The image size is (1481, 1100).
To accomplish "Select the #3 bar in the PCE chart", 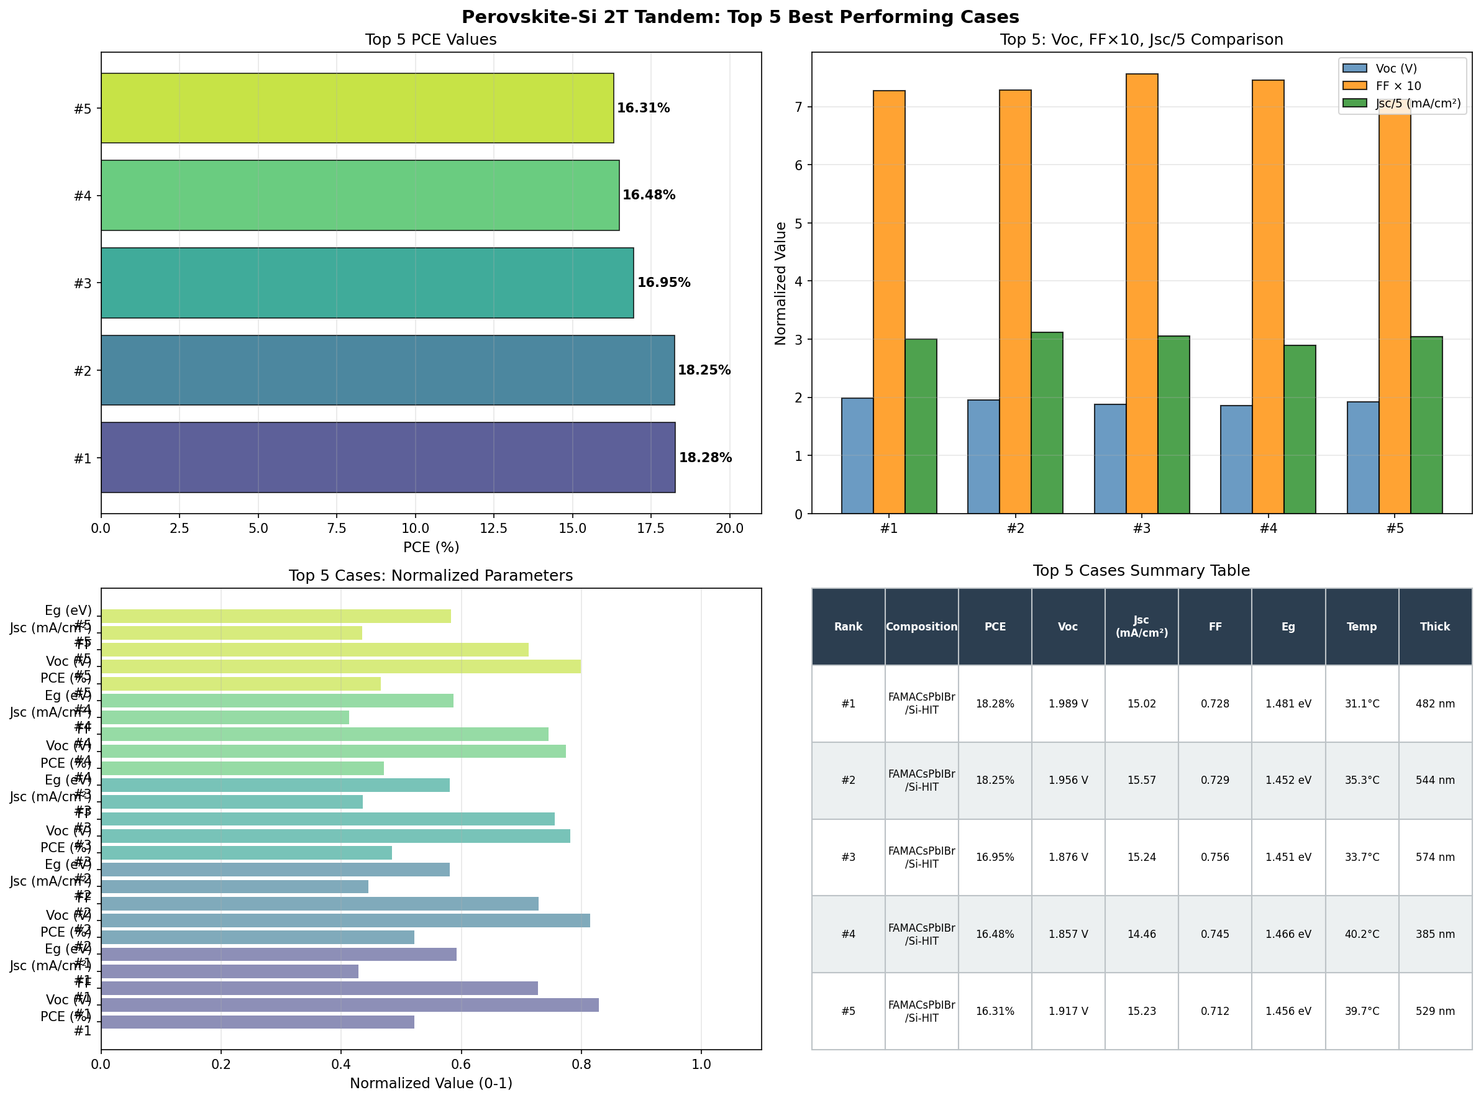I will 367,283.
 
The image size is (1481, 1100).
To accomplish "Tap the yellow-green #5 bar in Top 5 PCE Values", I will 357,108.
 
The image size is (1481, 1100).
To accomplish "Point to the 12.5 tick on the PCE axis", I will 493,528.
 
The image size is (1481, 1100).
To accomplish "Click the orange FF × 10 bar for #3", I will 1141,293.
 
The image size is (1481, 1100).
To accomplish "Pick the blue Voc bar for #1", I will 857,455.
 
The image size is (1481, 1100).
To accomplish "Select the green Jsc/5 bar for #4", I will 1299,429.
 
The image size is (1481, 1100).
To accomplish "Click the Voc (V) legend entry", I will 1396,68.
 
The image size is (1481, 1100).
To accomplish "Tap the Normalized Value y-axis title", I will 781,283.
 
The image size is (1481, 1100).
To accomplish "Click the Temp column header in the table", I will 1361,627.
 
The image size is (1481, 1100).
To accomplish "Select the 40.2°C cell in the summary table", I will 1361,934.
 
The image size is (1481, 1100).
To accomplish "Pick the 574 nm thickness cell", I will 1434,857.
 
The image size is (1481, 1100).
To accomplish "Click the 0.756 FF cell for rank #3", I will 1214,857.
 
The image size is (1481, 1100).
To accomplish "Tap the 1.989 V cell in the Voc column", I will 1067,704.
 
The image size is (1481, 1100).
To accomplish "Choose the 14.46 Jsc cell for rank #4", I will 1141,934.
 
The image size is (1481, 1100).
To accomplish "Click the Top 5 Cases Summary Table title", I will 1141,571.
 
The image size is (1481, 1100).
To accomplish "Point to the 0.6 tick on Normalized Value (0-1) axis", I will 461,1064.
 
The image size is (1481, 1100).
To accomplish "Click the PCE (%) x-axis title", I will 431,547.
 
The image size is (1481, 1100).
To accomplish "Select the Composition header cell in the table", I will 921,627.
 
